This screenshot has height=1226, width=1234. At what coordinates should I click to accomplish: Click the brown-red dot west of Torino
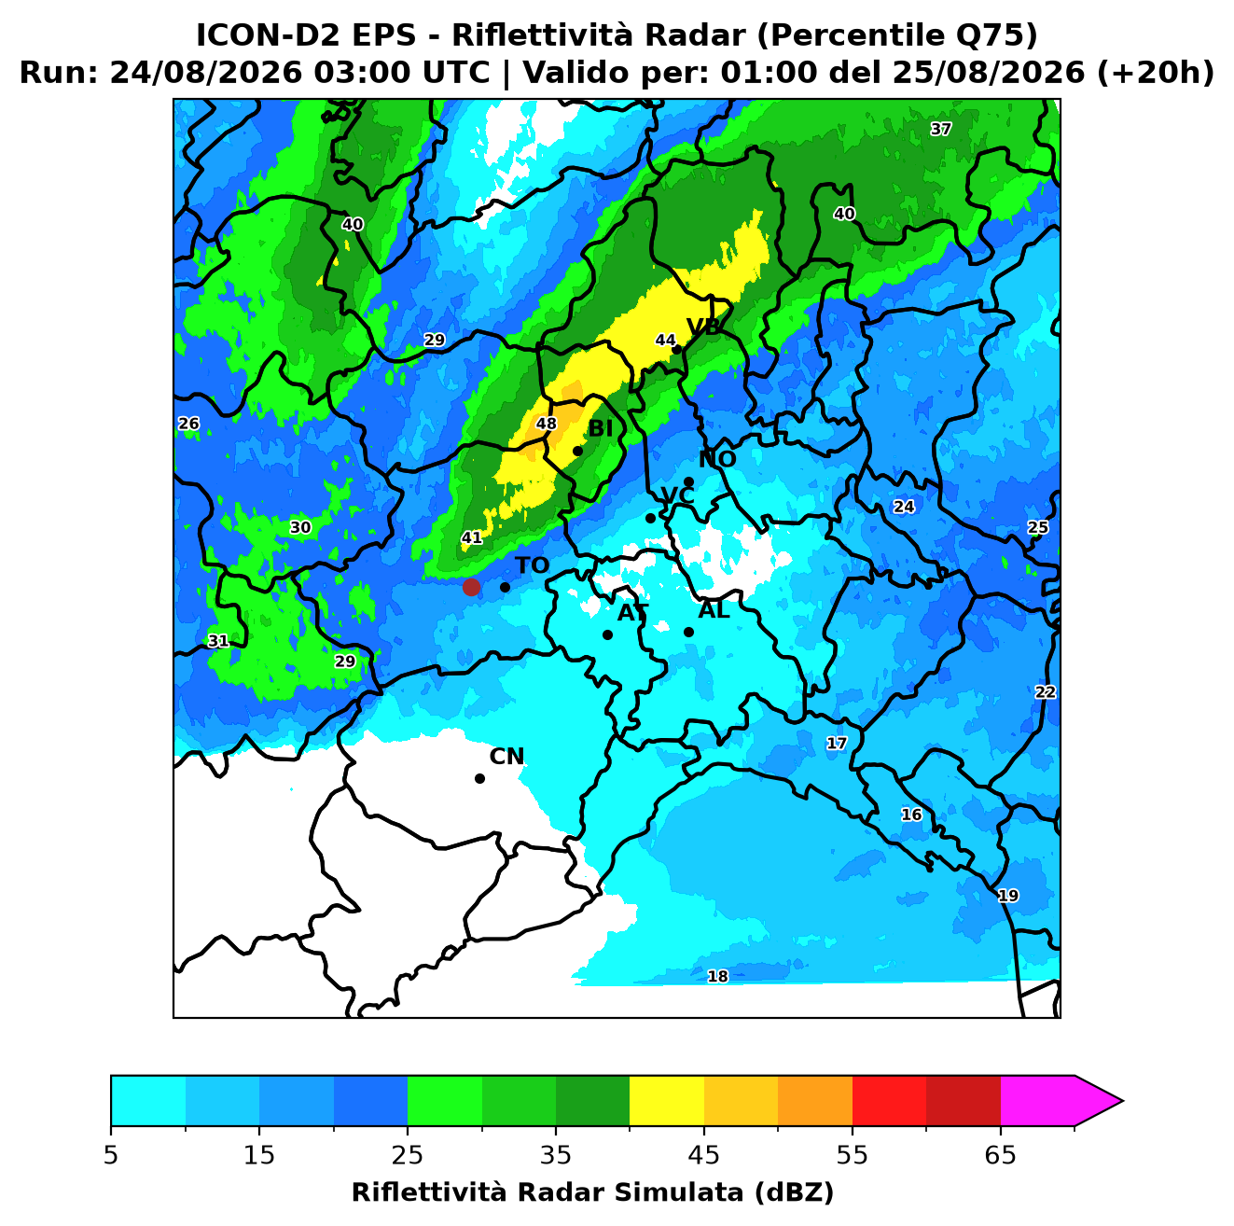[x=471, y=586]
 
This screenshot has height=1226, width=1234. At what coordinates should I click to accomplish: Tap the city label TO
[x=532, y=565]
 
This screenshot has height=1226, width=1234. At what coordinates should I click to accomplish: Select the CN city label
[x=506, y=757]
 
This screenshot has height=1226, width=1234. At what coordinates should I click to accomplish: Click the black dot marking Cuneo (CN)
[x=479, y=778]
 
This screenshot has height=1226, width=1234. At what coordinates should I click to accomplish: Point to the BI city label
[x=600, y=429]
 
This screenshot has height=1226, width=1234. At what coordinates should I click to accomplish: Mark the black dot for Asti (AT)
[x=607, y=634]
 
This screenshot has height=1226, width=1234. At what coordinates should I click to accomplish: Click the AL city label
[x=714, y=609]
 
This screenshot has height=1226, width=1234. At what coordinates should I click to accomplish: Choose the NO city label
[x=716, y=459]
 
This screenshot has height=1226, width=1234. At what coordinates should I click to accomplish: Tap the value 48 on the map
[x=546, y=423]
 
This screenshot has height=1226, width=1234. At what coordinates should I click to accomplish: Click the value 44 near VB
[x=665, y=340]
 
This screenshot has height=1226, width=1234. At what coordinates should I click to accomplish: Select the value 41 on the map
[x=471, y=537]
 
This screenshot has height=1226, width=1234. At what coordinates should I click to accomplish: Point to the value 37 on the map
[x=940, y=129]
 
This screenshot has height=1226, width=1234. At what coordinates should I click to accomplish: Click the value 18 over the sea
[x=717, y=976]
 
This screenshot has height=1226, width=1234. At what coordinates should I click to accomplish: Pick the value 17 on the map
[x=837, y=743]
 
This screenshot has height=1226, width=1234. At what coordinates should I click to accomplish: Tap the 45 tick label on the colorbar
[x=703, y=1155]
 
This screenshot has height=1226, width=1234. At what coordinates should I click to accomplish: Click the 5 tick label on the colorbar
[x=111, y=1155]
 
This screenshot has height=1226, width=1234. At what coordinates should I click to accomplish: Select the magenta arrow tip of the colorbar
[x=1122, y=1101]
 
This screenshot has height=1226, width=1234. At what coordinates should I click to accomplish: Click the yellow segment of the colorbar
[x=666, y=1101]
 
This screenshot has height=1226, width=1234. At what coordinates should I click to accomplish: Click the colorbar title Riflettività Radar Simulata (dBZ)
[x=592, y=1192]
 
